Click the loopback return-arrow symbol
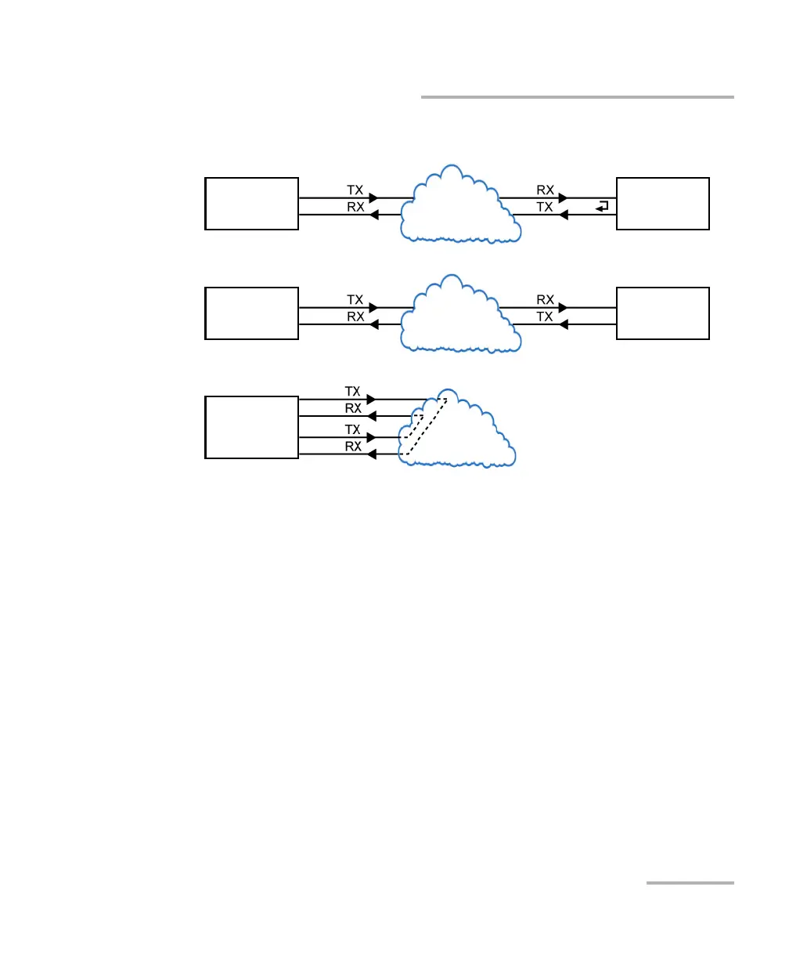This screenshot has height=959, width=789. (x=601, y=207)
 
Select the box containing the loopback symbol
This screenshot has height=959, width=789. (x=663, y=204)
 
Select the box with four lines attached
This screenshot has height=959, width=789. (x=251, y=427)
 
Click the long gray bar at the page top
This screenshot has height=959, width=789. (x=578, y=97)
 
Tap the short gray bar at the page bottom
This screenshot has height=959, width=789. (x=690, y=883)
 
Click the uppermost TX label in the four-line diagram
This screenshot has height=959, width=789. (x=354, y=390)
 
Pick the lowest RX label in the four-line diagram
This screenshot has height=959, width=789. (x=354, y=447)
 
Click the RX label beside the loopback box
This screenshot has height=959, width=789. (x=546, y=190)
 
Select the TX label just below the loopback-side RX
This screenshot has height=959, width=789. (x=546, y=207)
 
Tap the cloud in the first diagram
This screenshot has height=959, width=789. (x=460, y=205)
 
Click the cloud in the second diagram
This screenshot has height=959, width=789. (x=460, y=315)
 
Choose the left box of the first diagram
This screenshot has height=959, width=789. (x=251, y=204)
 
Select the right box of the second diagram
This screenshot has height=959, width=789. (x=663, y=313)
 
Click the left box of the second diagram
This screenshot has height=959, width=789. (x=251, y=313)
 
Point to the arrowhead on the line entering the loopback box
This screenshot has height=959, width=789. (x=564, y=198)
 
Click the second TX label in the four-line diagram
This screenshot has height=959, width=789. (x=354, y=429)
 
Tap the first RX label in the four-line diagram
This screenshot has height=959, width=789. (x=354, y=407)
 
